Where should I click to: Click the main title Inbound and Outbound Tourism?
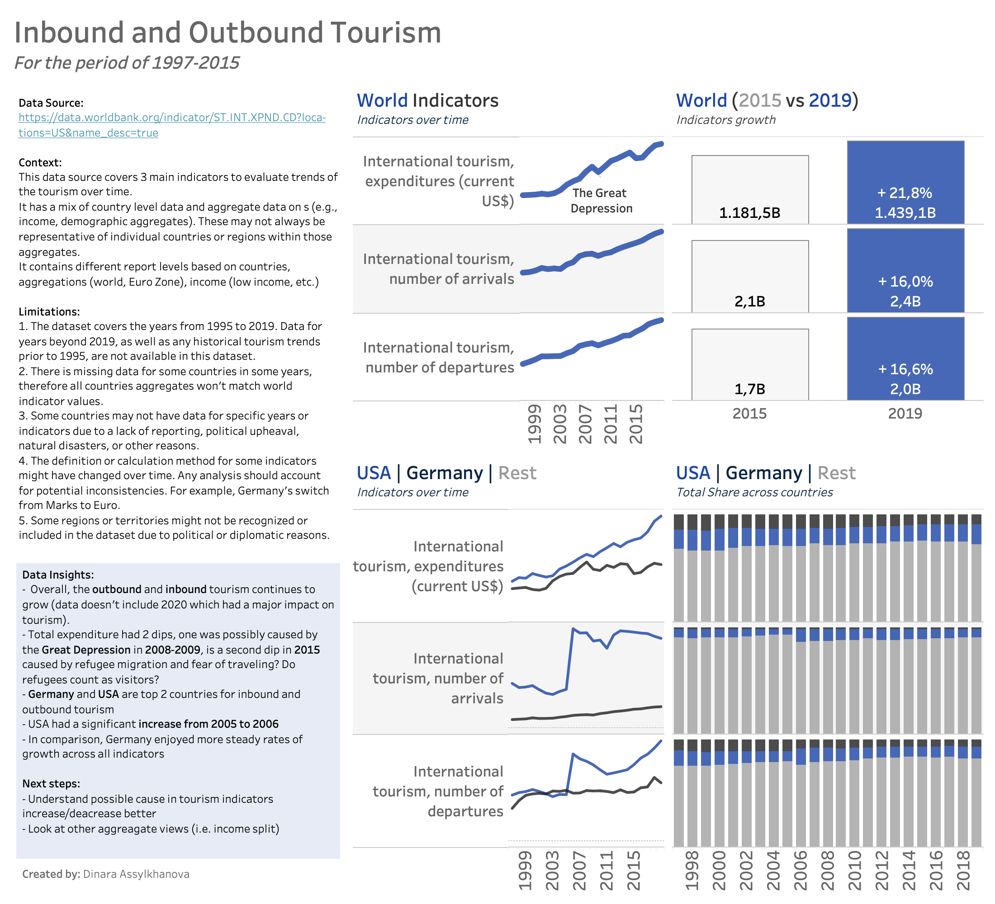227,33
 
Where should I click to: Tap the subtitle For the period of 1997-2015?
127,63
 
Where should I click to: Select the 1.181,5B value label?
750,213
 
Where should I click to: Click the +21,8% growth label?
905,193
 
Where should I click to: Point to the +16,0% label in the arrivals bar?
905,282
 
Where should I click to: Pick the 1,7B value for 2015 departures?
750,390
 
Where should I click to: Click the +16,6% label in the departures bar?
905,369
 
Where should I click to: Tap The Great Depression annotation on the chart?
601,201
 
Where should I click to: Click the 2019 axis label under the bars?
905,414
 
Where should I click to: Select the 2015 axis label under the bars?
749,414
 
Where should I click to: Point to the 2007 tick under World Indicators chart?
585,424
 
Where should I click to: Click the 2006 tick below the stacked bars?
800,871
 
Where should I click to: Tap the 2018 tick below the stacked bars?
963,871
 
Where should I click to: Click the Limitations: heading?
49,312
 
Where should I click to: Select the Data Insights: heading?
58,575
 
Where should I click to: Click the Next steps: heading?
51,784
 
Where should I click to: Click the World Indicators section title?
427,101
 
